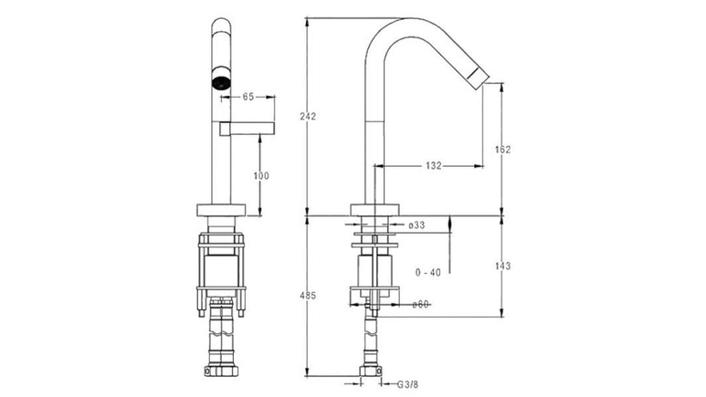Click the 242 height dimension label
click(x=308, y=116)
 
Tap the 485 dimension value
click(x=308, y=296)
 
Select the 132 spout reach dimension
click(x=433, y=165)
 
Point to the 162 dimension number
click(x=503, y=150)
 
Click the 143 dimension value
click(x=503, y=266)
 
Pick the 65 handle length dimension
click(x=248, y=97)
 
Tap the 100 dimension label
click(x=261, y=175)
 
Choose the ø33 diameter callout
click(x=416, y=225)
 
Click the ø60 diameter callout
click(x=420, y=304)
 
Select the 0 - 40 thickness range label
click(x=428, y=272)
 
